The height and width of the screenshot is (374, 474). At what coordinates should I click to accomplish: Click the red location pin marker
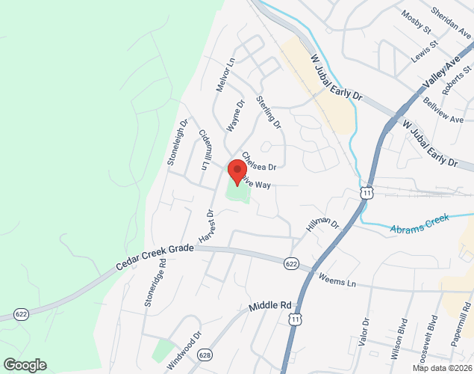point(237,171)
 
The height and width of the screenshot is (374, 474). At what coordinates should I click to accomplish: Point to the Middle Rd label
point(269,306)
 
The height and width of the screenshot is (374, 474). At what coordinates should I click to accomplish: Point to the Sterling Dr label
point(268,110)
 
